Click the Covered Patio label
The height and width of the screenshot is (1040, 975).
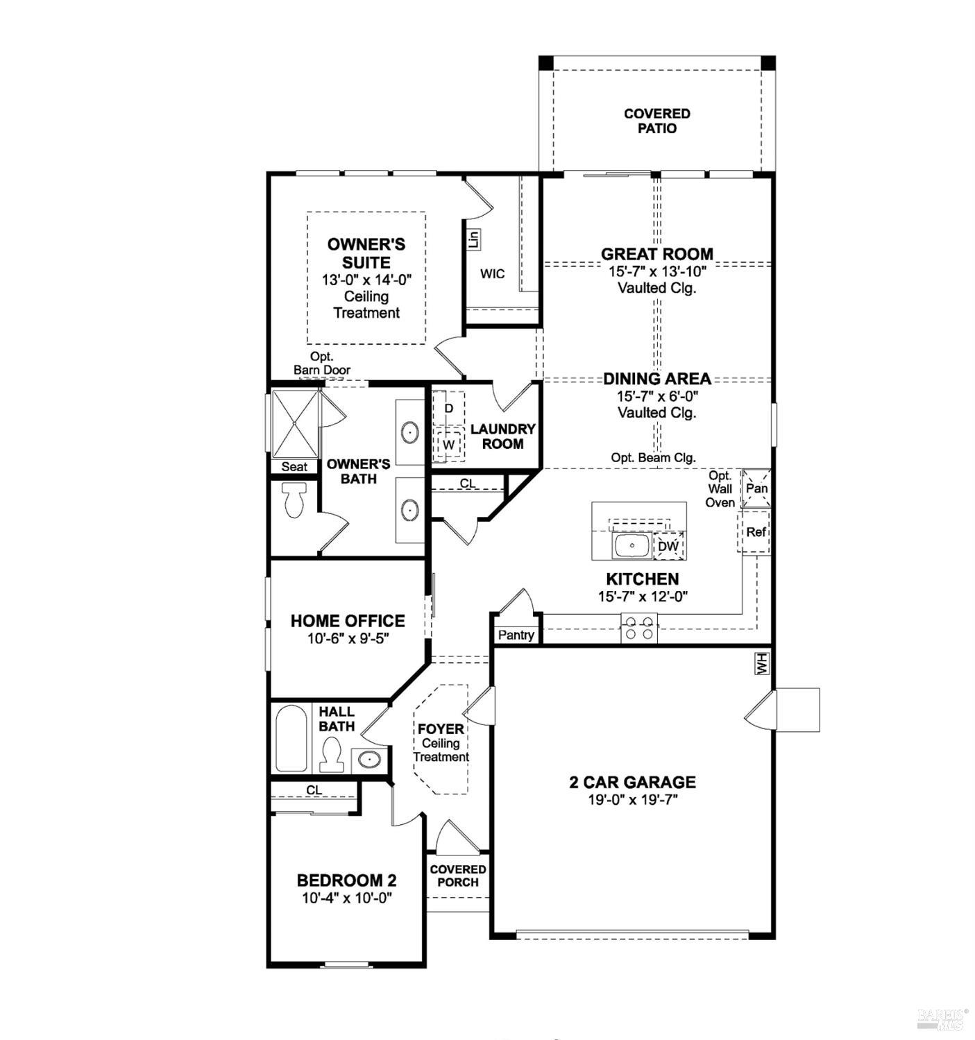click(x=656, y=121)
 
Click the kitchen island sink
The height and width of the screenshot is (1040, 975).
click(x=631, y=545)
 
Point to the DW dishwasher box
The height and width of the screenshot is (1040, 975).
click(x=668, y=546)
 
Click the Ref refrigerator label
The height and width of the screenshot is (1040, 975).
click(x=756, y=532)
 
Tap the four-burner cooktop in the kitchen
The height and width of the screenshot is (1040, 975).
click(x=638, y=628)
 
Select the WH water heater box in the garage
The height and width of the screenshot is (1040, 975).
click(x=762, y=664)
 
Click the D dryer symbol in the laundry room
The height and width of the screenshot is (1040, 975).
click(x=449, y=409)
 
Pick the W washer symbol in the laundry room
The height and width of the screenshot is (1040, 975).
click(x=449, y=444)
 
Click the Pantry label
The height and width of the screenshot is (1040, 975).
click(x=516, y=635)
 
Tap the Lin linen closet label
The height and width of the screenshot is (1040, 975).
click(x=474, y=239)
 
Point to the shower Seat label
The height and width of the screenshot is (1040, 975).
click(x=294, y=467)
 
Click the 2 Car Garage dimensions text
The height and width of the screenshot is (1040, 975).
click(x=632, y=800)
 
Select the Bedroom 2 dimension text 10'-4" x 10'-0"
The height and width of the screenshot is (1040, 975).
click(x=347, y=898)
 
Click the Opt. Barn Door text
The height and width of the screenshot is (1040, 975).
click(x=322, y=364)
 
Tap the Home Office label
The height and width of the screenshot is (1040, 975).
click(x=348, y=621)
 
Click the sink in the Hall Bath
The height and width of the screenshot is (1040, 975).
click(x=369, y=760)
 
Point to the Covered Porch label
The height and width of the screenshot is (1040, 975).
click(x=458, y=876)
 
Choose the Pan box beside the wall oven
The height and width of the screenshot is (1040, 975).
click(x=756, y=488)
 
